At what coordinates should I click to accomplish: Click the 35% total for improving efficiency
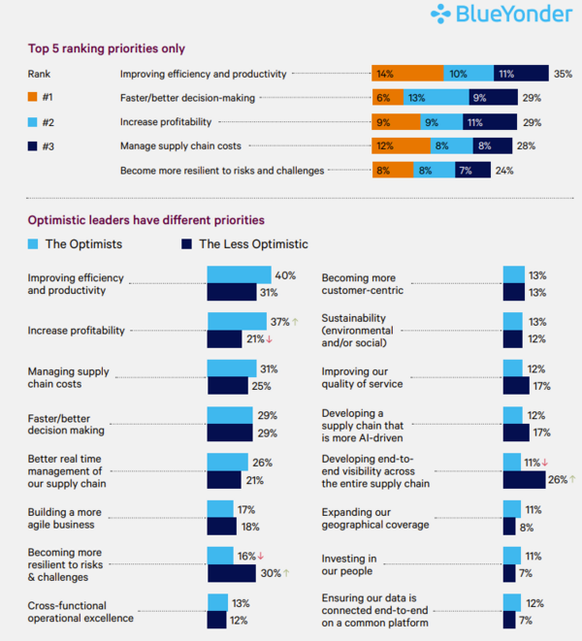coord(563,73)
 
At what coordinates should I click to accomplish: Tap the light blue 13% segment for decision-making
coord(416,97)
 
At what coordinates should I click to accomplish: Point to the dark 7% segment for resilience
coord(466,170)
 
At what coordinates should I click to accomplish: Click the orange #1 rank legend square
coord(33,97)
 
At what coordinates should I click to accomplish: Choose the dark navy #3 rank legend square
coord(33,146)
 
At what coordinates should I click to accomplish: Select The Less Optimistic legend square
coord(186,243)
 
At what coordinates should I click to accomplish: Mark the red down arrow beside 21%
coord(270,338)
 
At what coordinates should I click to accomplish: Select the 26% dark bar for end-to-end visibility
coord(524,479)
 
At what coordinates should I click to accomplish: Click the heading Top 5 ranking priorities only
coord(106,48)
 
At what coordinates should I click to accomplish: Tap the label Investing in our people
coord(349,565)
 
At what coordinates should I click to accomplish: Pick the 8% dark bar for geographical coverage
coord(509,526)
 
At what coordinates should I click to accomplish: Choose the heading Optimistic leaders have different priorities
coord(145,220)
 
